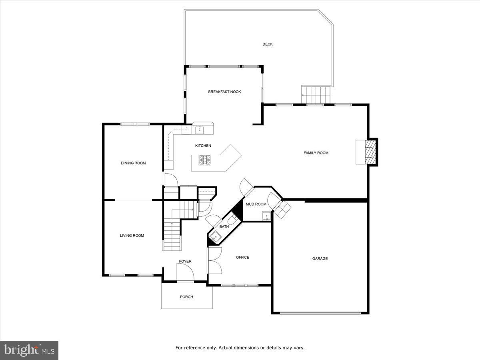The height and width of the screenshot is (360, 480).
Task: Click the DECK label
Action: coord(268,44)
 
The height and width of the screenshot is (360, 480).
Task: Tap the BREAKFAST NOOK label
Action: coord(224,92)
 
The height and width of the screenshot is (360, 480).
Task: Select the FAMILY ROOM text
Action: coord(316,153)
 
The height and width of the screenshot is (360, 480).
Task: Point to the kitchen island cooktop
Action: coord(205,160)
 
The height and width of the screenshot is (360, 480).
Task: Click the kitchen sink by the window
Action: coord(200,130)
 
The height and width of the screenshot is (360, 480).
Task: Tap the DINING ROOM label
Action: coord(133,163)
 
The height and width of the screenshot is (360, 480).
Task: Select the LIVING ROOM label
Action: coord(132,236)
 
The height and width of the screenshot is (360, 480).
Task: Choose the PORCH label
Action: coord(186,297)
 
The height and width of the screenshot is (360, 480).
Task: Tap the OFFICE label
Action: coord(242,257)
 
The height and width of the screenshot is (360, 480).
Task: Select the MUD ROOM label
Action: coord(256,204)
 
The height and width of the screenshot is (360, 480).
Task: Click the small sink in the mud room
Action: coord(266,216)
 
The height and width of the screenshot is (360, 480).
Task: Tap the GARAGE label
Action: coord(320,258)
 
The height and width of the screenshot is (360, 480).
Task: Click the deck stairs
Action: coord(316,94)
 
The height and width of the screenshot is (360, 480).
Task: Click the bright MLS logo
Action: coord(29,350)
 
